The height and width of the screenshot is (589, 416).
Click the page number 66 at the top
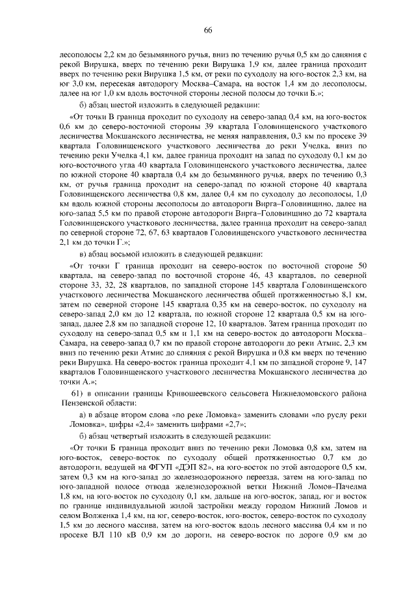click(208, 31)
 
